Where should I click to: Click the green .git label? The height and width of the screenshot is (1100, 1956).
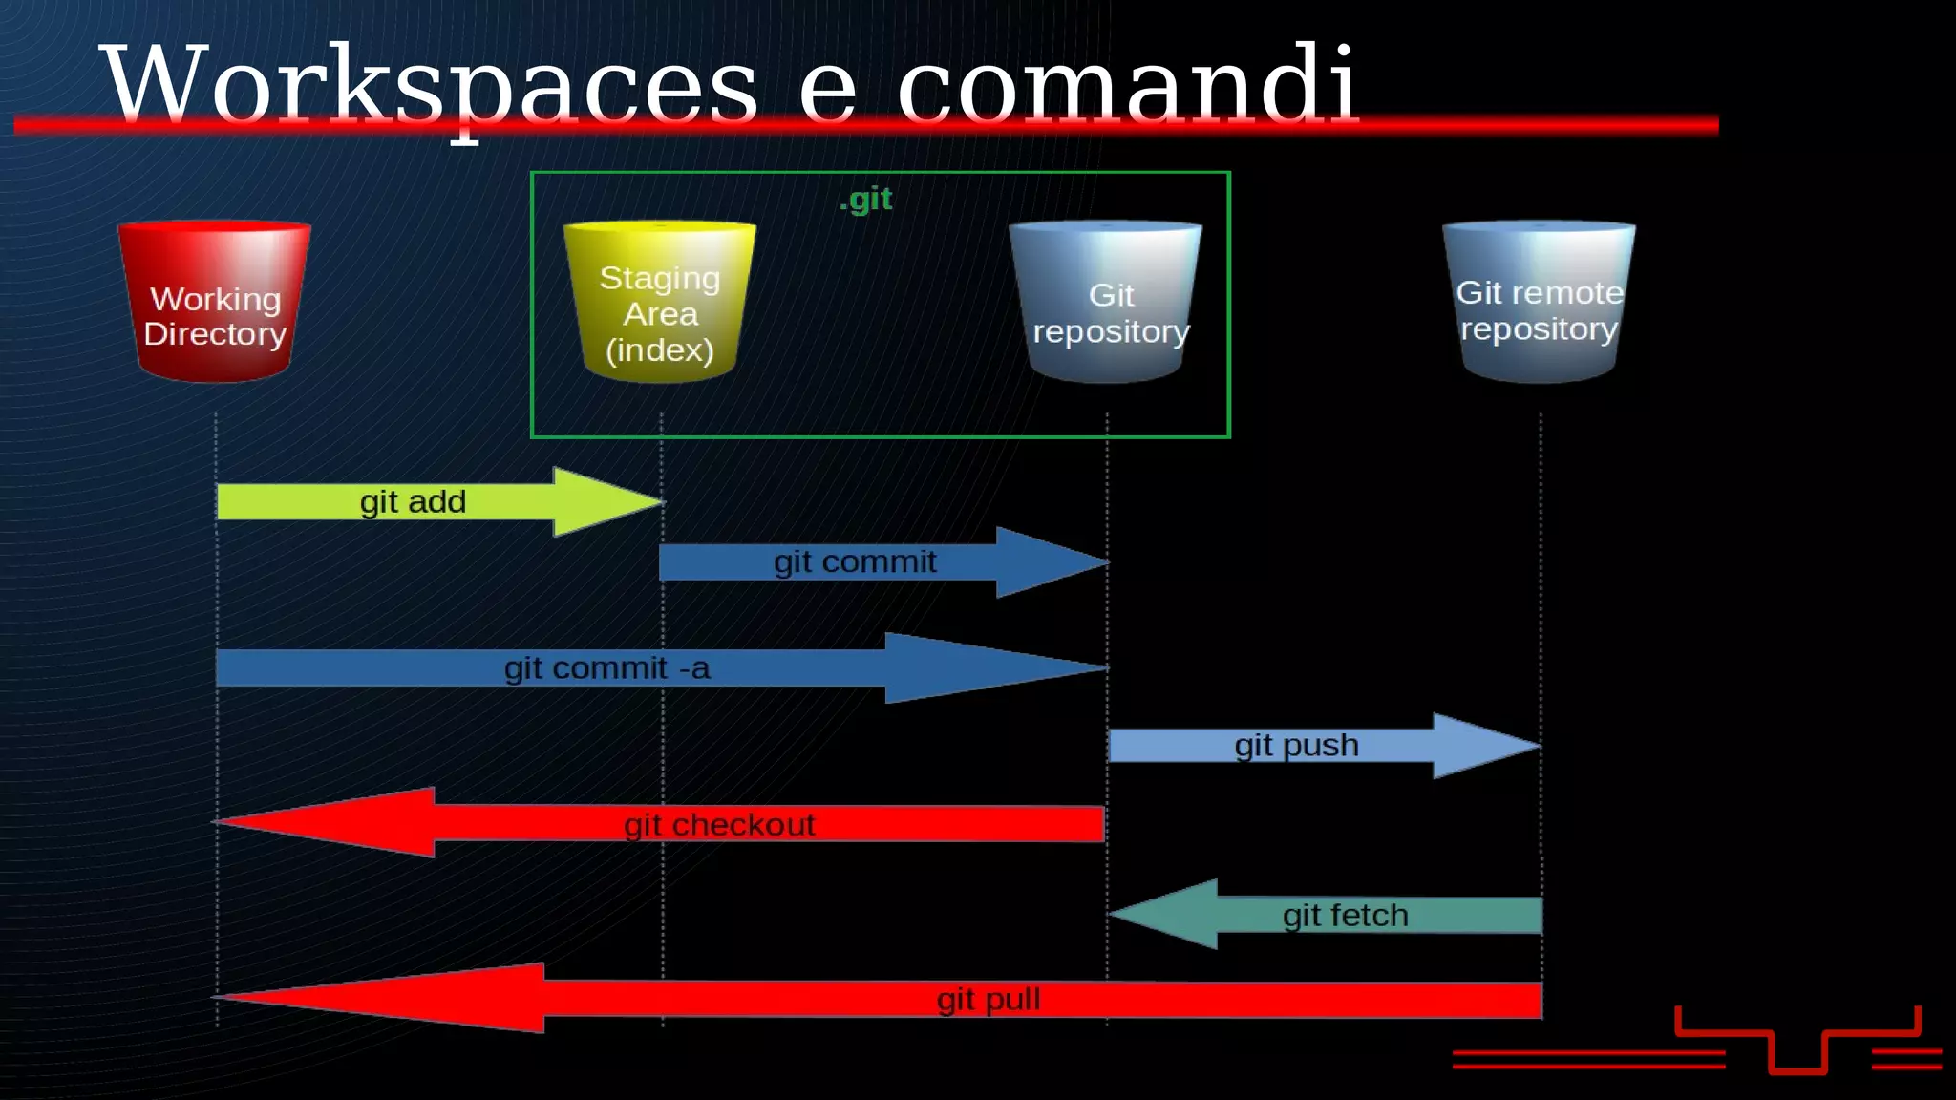click(865, 199)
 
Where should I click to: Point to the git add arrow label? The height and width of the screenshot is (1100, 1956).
click(413, 502)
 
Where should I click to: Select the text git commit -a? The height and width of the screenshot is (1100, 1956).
click(607, 668)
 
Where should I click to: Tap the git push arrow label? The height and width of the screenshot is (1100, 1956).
click(1296, 746)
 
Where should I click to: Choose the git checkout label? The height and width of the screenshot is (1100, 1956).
click(719, 825)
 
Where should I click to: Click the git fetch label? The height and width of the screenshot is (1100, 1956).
click(1345, 916)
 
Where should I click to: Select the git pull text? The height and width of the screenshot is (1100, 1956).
click(989, 1000)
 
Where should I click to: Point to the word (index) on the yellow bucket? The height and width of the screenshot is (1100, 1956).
click(660, 350)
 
